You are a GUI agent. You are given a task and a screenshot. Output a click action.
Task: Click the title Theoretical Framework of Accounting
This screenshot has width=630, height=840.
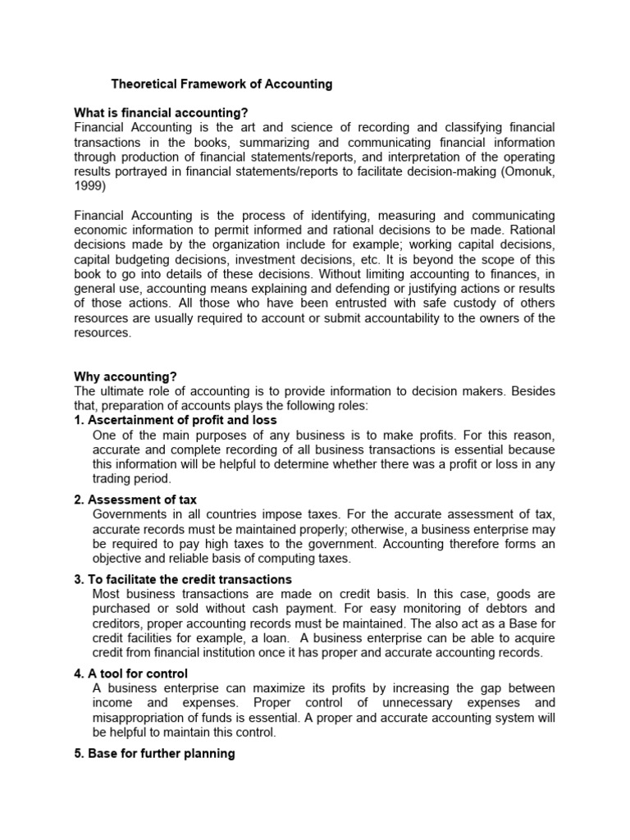[221, 84]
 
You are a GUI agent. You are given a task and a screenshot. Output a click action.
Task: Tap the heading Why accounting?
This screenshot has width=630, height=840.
[126, 377]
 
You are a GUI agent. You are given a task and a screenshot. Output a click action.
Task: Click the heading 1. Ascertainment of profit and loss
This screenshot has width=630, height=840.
[176, 420]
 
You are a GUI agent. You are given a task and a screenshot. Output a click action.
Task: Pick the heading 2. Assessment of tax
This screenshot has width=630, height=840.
[135, 500]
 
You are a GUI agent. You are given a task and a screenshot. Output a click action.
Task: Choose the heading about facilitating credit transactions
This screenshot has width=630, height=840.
[183, 579]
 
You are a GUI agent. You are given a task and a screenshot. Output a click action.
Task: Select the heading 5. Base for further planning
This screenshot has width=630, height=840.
[154, 753]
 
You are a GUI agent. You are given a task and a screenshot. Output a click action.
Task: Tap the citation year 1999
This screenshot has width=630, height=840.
[89, 186]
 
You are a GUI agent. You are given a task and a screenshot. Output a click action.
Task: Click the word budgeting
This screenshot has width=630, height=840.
[157, 259]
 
